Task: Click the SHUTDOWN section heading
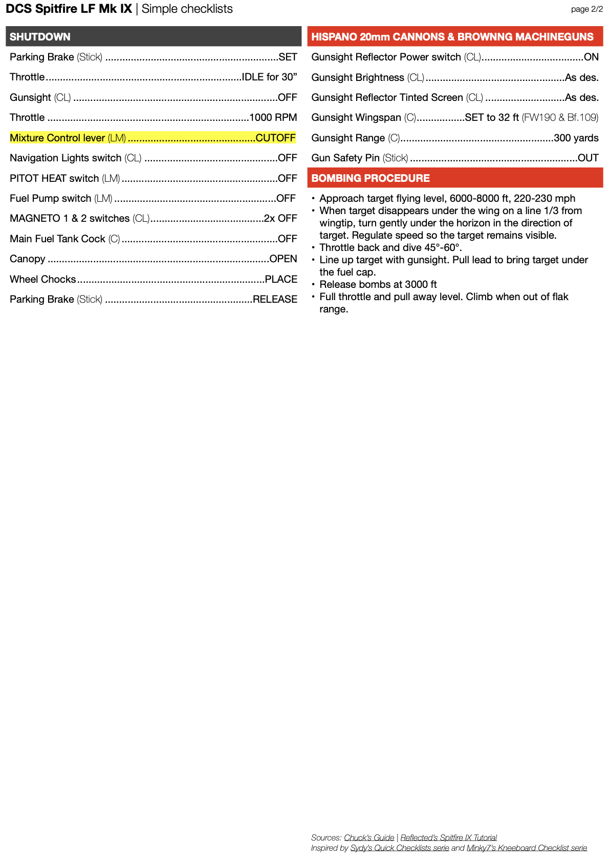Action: [x=40, y=37]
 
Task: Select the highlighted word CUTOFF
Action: [x=275, y=138]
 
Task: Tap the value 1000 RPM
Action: [x=273, y=117]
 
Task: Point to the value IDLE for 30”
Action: [x=269, y=77]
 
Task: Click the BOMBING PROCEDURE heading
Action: [x=371, y=178]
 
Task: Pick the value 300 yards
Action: [x=576, y=138]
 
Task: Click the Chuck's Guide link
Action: [x=369, y=837]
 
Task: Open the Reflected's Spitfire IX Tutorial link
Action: [x=448, y=837]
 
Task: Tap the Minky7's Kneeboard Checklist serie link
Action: [x=527, y=848]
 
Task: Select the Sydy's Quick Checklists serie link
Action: [x=399, y=848]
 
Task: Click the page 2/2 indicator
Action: [x=587, y=9]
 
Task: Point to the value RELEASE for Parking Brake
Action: [x=275, y=299]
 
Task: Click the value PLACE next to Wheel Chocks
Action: [x=281, y=279]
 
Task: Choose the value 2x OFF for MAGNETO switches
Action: [x=280, y=218]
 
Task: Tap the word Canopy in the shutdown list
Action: [x=28, y=259]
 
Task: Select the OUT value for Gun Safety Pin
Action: [x=588, y=158]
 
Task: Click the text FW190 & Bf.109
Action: [x=560, y=117]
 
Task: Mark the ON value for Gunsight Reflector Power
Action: [x=591, y=57]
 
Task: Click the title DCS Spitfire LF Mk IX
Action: [x=69, y=9]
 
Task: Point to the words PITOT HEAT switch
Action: [x=54, y=178]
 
